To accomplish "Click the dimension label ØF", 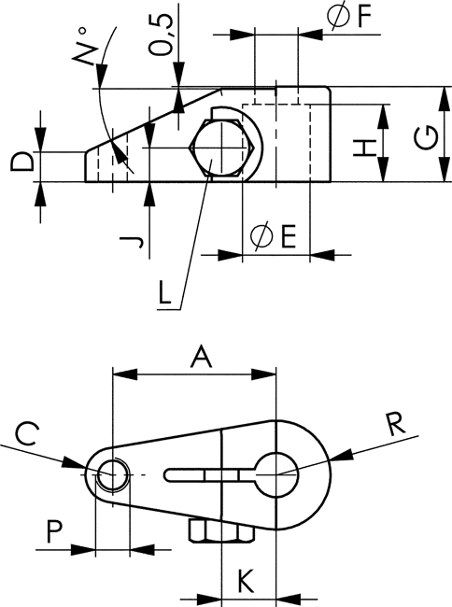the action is pyautogui.click(x=349, y=16).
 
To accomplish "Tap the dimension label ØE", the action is pyautogui.click(x=274, y=236).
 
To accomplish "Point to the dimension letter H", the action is pyautogui.click(x=365, y=148).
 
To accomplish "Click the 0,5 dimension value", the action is pyautogui.click(x=162, y=35).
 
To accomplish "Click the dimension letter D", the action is pyautogui.click(x=21, y=162).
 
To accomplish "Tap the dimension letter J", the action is pyautogui.click(x=132, y=243).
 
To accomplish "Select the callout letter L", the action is pyautogui.click(x=165, y=293).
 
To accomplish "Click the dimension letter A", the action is pyautogui.click(x=202, y=357).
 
